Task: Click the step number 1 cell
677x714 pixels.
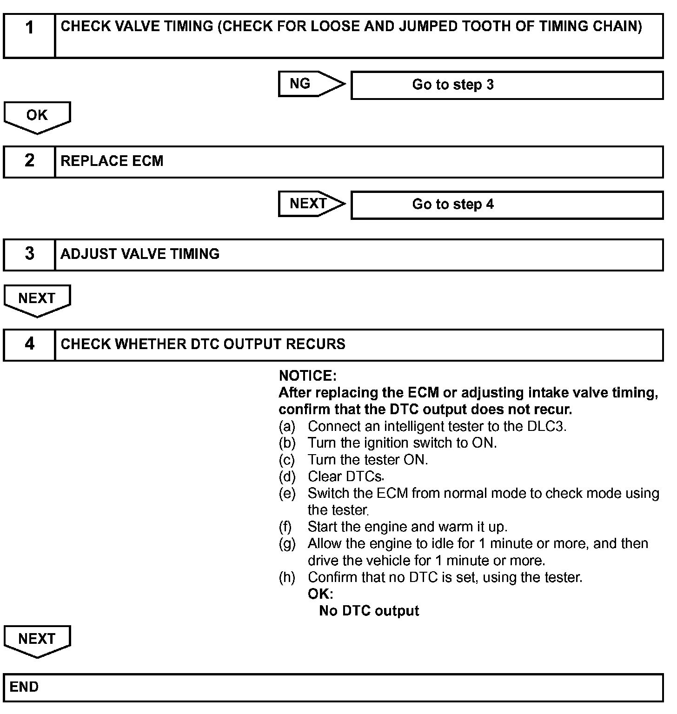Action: (x=29, y=35)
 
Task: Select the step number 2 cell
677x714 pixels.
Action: (x=29, y=161)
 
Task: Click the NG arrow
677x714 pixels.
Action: (x=311, y=84)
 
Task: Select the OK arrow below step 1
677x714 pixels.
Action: (x=37, y=117)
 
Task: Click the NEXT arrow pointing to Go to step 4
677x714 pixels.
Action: (x=311, y=204)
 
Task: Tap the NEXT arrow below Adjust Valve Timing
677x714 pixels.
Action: (x=37, y=300)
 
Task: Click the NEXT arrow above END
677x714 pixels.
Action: (x=37, y=641)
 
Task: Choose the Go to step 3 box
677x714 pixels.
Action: (x=507, y=85)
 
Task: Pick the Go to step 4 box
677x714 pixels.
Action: (x=507, y=205)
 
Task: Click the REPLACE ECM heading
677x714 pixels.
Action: (x=112, y=161)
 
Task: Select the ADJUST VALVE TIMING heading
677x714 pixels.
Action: (x=140, y=254)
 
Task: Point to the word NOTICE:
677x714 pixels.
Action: (x=307, y=376)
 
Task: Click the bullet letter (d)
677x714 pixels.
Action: (x=287, y=476)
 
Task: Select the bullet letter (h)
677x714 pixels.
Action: (x=287, y=577)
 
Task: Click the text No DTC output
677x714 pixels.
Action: (x=369, y=611)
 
